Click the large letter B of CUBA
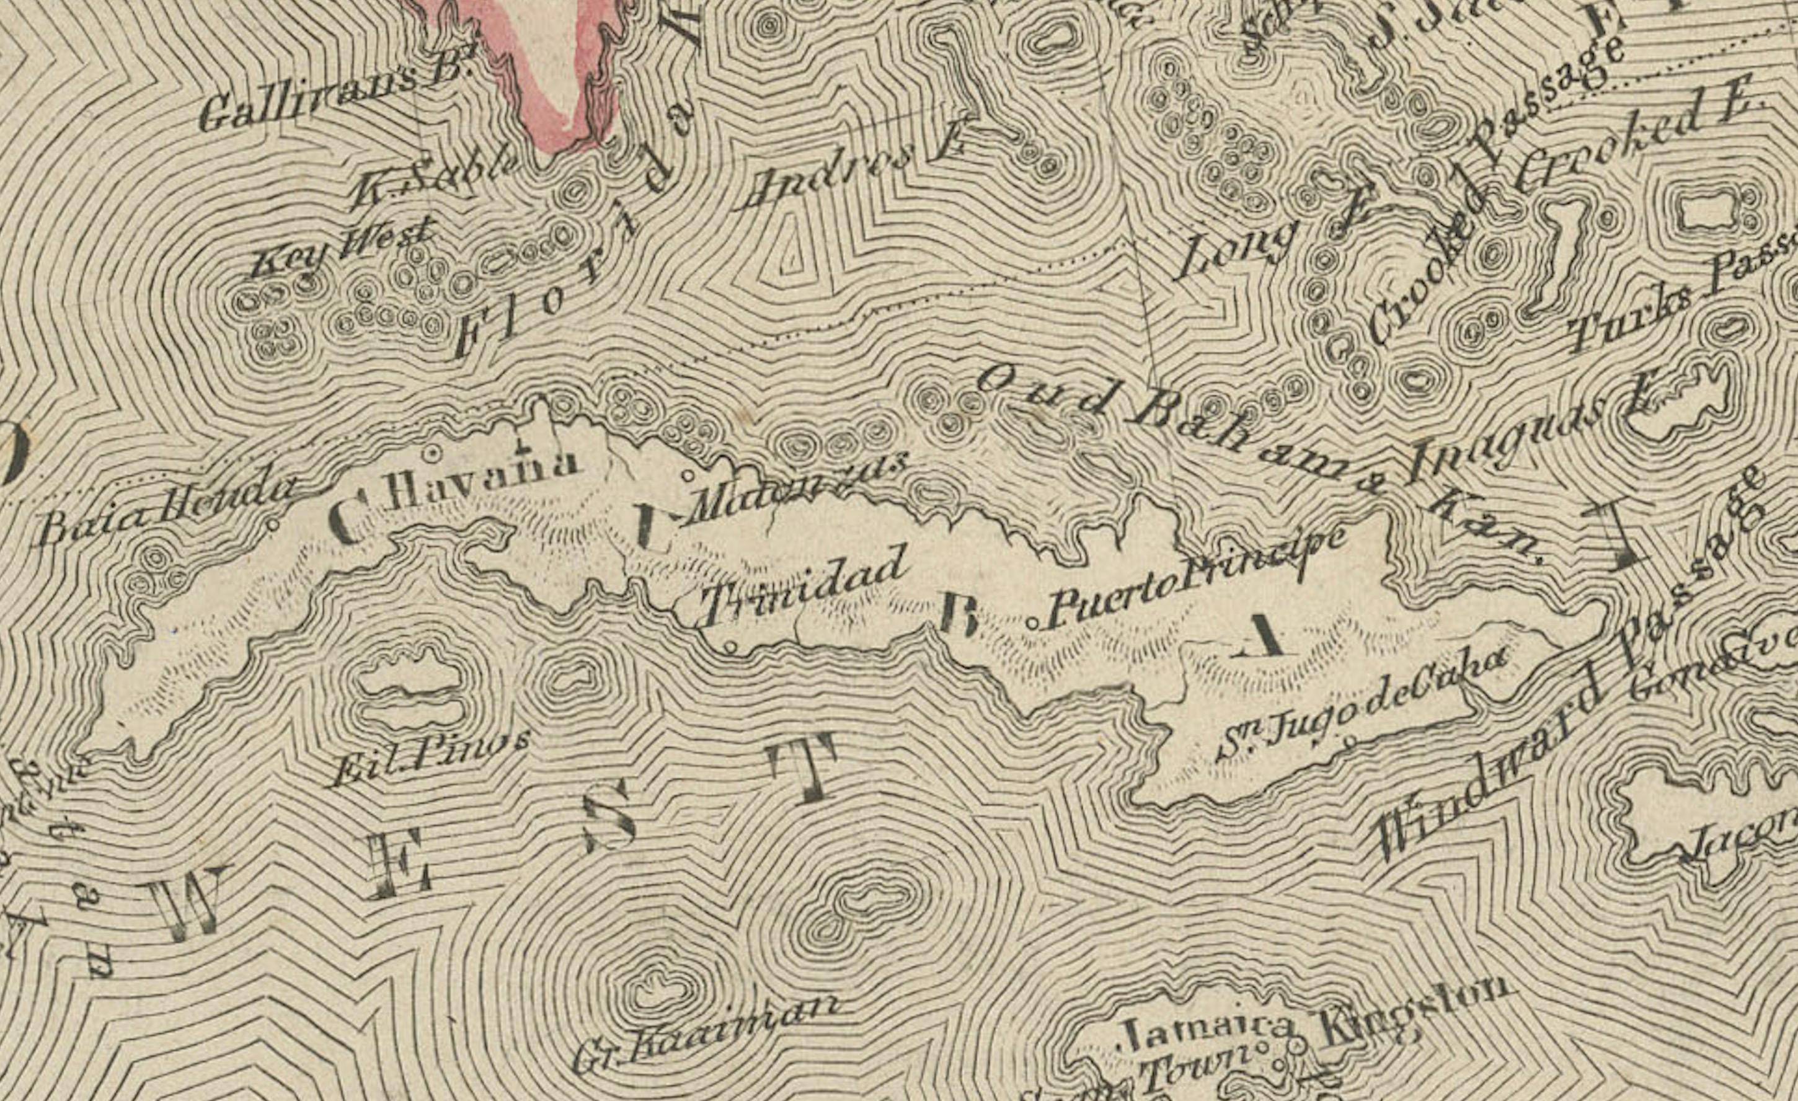coord(958,613)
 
